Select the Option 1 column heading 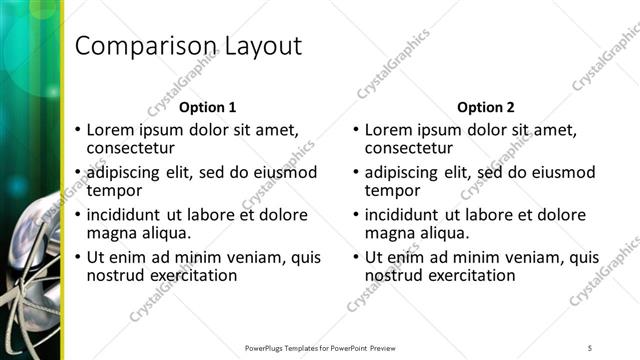(208, 107)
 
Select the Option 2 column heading (486, 107)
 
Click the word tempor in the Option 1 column (113, 190)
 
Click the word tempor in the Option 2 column (391, 190)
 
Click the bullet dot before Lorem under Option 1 (78, 130)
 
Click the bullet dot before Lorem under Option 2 (356, 130)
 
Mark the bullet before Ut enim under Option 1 (78, 257)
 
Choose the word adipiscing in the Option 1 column (128, 172)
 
